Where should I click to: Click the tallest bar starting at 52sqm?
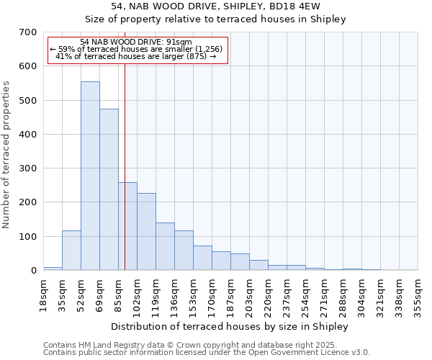90,176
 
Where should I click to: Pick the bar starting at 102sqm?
146,231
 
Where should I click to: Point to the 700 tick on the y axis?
29,32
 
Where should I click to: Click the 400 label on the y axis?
29,135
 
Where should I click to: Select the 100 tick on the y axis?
29,237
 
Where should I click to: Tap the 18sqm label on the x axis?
44,294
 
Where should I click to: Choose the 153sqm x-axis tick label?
194,294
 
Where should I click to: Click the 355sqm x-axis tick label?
418,294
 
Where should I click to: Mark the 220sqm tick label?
269,294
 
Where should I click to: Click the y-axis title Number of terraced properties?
6,155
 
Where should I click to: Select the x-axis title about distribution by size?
230,326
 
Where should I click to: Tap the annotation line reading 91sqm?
136,42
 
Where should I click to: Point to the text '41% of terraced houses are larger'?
136,56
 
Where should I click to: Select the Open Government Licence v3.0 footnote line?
207,353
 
